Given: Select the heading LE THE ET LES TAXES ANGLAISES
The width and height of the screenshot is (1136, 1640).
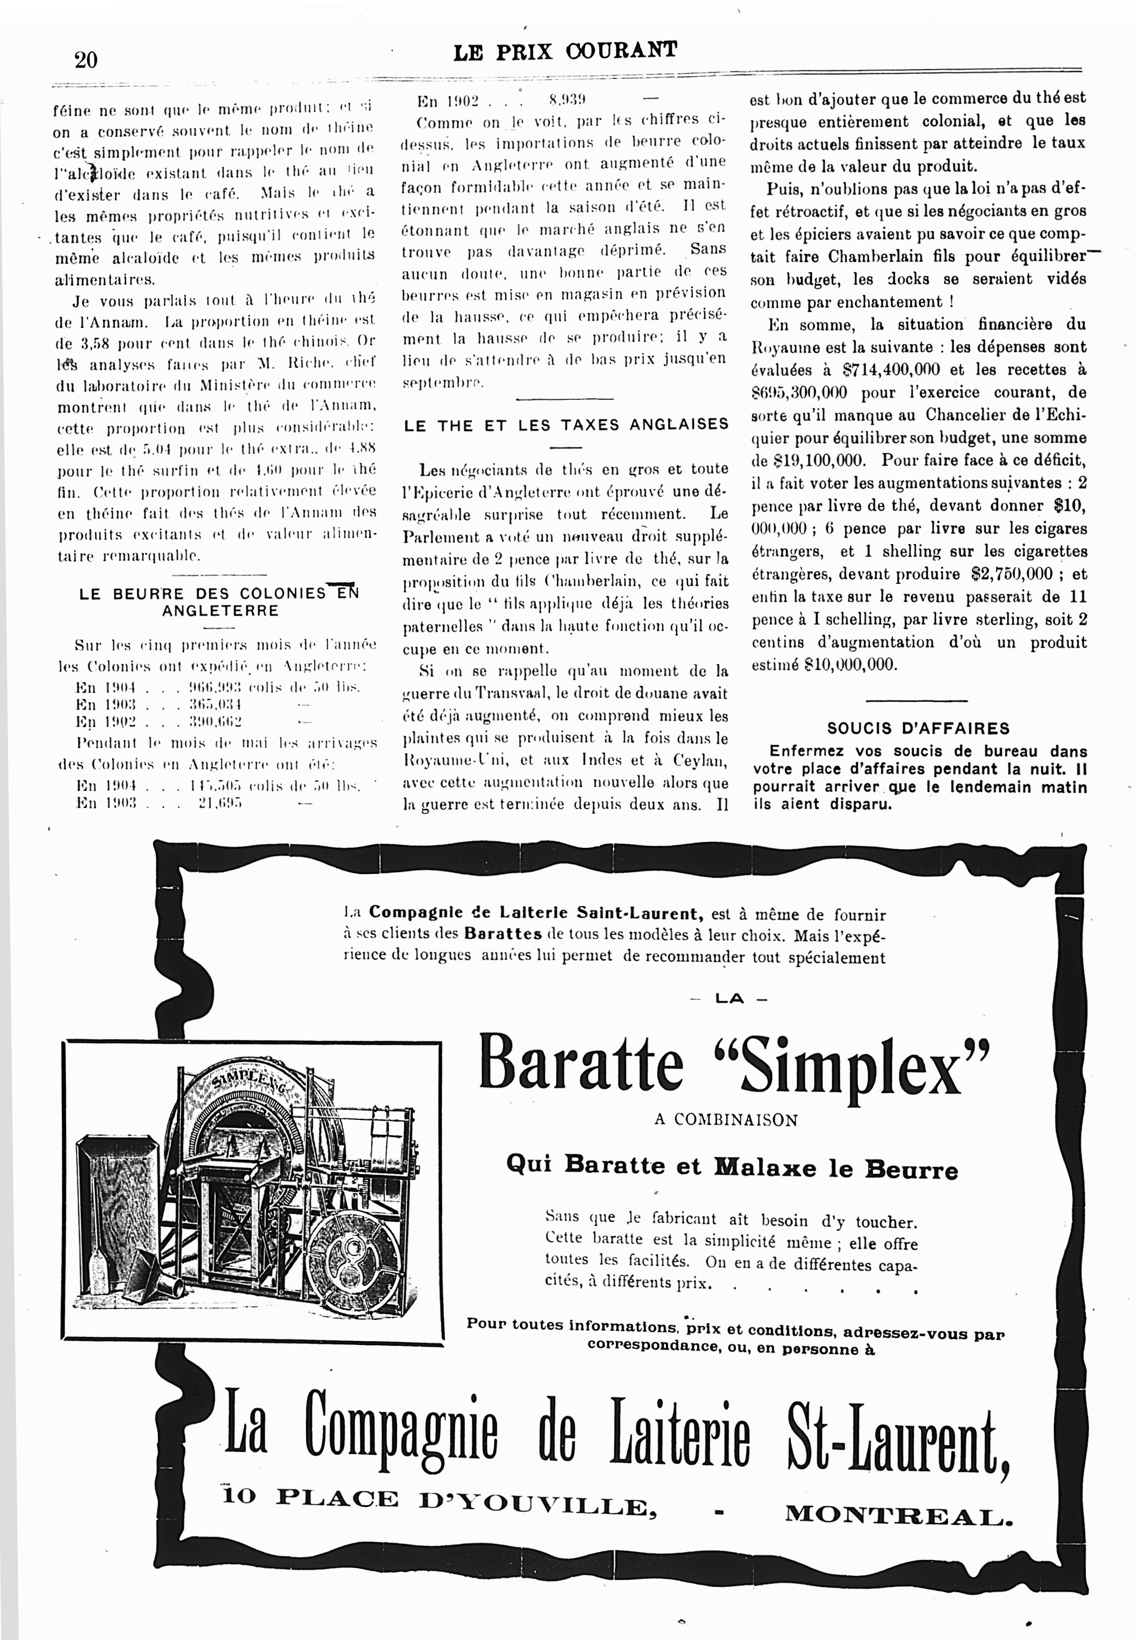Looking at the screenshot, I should point(566,425).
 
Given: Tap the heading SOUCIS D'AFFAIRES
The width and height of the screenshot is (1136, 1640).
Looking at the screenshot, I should point(918,728).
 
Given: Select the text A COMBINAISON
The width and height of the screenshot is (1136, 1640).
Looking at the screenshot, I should point(725,1120).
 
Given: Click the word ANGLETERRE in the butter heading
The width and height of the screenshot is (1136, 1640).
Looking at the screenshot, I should point(220,611).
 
